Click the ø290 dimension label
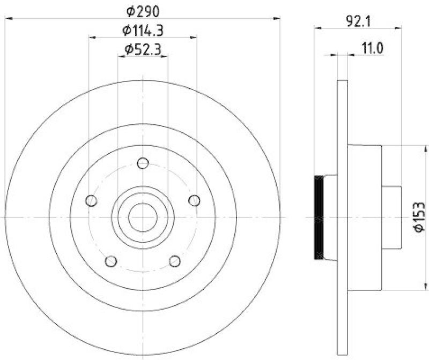coord(143,10)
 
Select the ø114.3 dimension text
coord(143,30)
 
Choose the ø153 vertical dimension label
coord(419,217)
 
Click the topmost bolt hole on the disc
coord(143,163)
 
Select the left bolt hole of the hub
coord(91,201)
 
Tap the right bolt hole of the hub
coord(194,200)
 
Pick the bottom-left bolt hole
coord(111,261)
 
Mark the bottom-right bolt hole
coord(174,261)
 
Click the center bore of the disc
coord(143,217)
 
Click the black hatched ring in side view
coord(319,217)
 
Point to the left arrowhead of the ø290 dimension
coord(8,18)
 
